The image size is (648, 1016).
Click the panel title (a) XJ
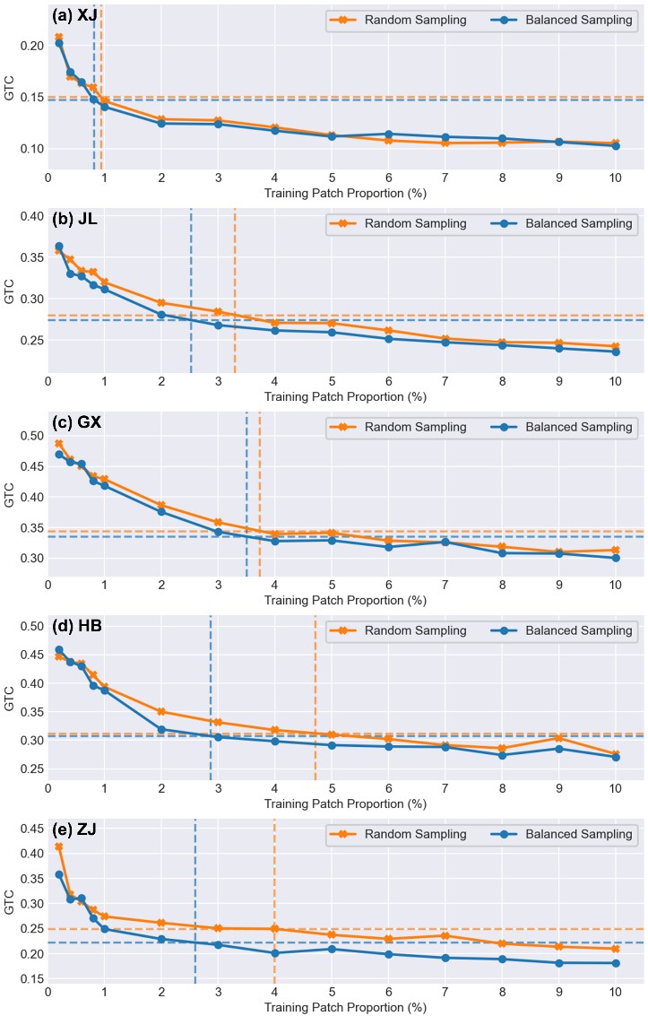[75, 15]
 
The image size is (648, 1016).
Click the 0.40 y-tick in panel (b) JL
[29, 216]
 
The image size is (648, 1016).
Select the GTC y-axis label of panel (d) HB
[9, 697]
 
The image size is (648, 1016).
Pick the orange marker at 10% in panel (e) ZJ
[616, 949]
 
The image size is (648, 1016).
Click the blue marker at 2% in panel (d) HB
[161, 729]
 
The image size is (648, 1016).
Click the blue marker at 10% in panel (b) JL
[616, 352]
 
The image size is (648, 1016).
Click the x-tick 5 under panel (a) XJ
[332, 176]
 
